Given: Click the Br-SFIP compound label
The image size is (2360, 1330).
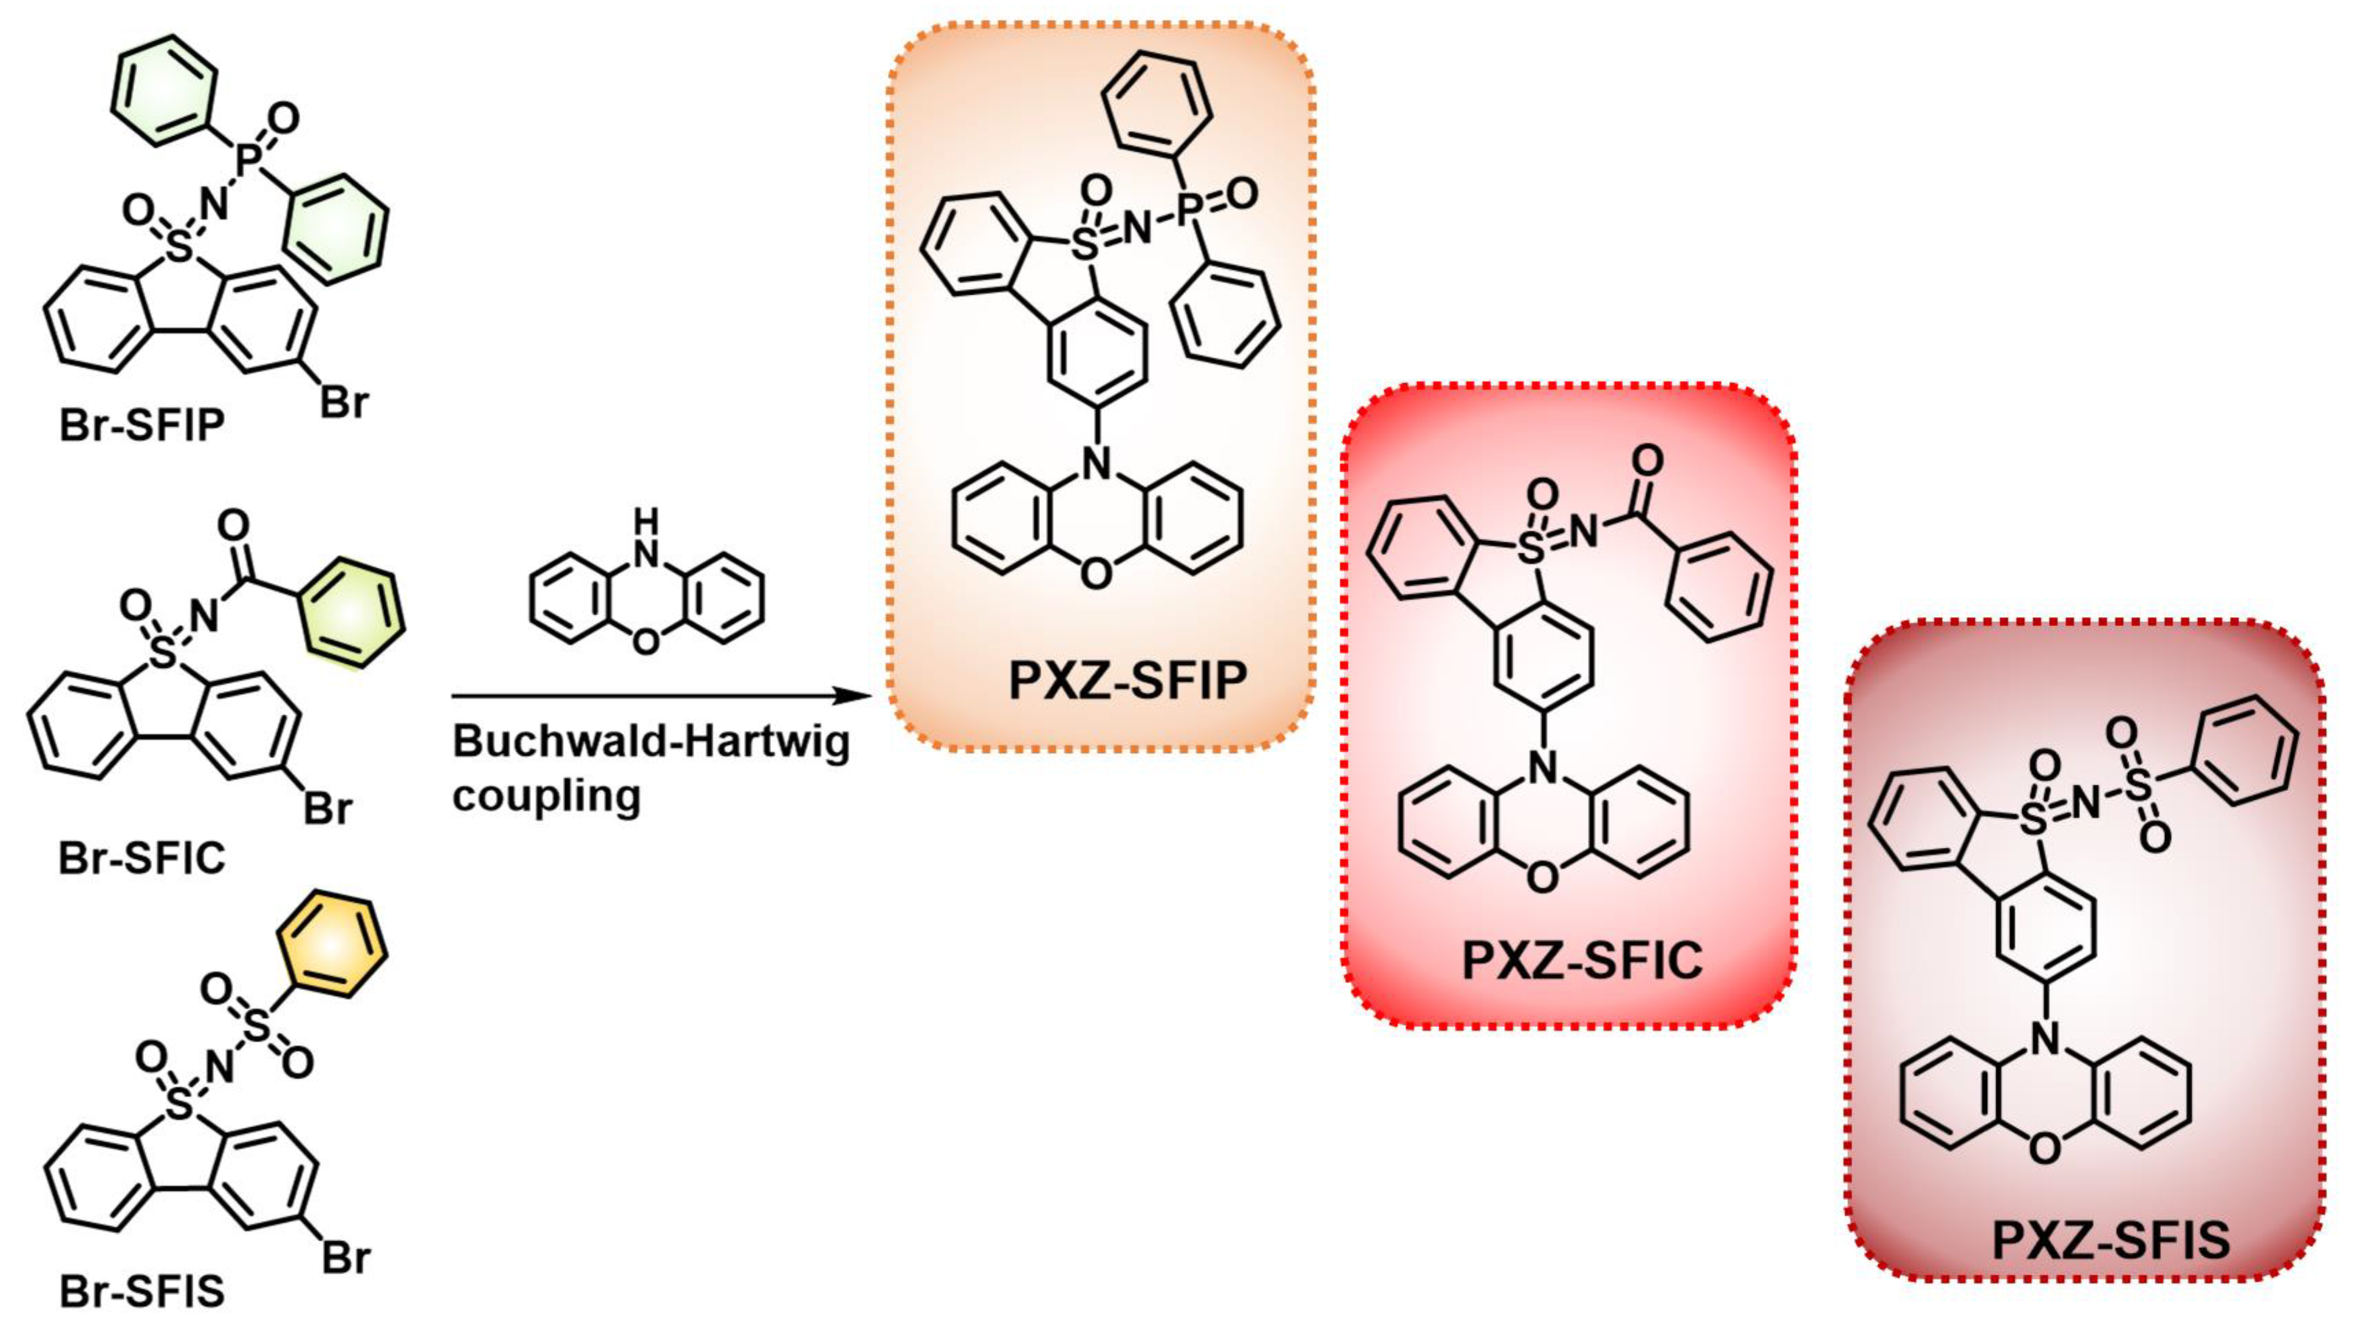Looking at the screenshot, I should click(142, 426).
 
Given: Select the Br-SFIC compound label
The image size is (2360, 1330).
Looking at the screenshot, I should click(142, 858).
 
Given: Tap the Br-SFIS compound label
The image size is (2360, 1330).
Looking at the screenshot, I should click(142, 1292).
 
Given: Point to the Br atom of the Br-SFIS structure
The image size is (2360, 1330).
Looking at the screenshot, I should click(346, 1258).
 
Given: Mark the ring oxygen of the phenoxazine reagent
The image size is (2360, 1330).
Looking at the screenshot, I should click(646, 642).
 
